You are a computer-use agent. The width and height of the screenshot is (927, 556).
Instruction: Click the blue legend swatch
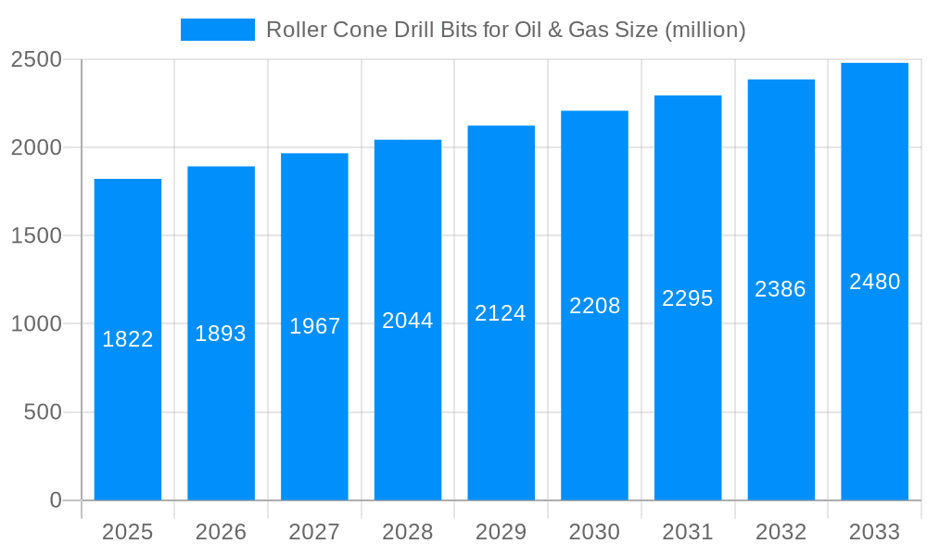(x=217, y=30)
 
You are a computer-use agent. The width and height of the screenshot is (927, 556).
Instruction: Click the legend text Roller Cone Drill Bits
(x=505, y=30)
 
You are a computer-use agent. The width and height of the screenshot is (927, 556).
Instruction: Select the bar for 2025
(x=128, y=417)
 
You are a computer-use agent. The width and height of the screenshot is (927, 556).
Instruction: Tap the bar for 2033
(x=874, y=389)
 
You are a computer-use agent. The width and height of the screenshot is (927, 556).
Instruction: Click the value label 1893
(x=221, y=334)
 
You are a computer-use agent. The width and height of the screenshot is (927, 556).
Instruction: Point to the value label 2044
(x=408, y=321)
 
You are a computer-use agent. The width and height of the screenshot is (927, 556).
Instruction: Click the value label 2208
(x=594, y=306)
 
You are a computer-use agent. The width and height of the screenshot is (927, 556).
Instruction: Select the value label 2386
(x=781, y=289)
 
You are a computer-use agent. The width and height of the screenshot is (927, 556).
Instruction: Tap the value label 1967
(x=315, y=326)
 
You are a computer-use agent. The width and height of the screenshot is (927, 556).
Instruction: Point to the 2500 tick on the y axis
(x=36, y=60)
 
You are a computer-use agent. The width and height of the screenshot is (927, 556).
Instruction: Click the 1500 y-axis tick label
(x=36, y=236)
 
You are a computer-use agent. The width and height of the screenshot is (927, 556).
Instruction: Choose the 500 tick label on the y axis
(x=43, y=412)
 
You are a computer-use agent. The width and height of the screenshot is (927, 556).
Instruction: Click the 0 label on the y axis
(x=55, y=500)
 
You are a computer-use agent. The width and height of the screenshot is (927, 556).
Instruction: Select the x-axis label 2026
(x=221, y=532)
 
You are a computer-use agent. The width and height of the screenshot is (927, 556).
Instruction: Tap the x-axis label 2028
(x=408, y=532)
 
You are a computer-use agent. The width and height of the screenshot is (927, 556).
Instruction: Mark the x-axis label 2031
(x=688, y=532)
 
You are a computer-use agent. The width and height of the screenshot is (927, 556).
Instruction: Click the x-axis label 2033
(x=874, y=532)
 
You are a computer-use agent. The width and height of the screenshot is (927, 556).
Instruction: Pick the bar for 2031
(x=688, y=398)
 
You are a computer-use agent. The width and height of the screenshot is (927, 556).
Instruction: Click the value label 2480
(x=874, y=282)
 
